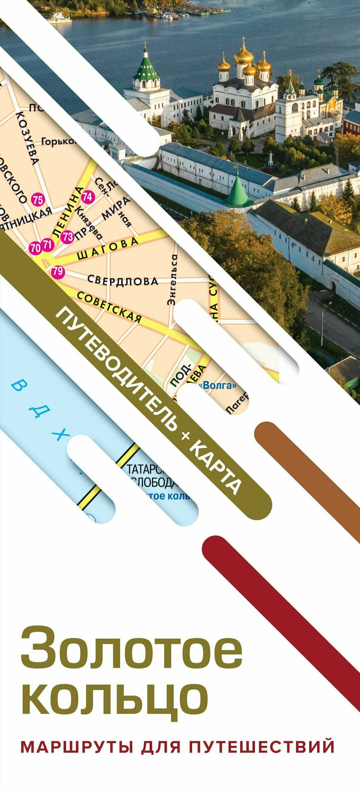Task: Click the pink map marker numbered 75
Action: pyautogui.click(x=38, y=200)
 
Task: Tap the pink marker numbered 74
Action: pyautogui.click(x=88, y=196)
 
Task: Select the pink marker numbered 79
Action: pyautogui.click(x=58, y=271)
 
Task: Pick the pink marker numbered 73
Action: pyautogui.click(x=68, y=237)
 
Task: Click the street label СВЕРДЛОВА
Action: pyautogui.click(x=123, y=280)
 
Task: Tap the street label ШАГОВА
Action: pyautogui.click(x=107, y=248)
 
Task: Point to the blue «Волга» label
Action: pyautogui.click(x=219, y=386)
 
